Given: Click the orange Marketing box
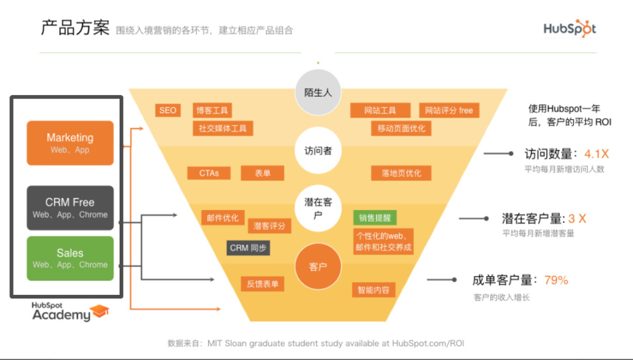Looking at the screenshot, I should click(x=70, y=142).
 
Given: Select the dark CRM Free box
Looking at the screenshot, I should click(x=70, y=208).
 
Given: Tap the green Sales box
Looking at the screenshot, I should click(x=70, y=258).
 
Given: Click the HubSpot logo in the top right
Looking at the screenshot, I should click(x=569, y=28).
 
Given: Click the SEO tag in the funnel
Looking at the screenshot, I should click(x=168, y=110).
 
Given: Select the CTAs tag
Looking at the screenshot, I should click(x=209, y=173).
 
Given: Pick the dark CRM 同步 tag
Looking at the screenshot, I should click(x=249, y=247).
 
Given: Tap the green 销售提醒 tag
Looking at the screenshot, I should click(x=375, y=218).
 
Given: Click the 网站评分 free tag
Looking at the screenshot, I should click(x=449, y=110).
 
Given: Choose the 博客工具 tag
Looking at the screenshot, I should click(x=212, y=110).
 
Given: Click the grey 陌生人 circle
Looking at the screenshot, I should click(x=318, y=93).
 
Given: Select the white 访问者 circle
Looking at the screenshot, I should click(x=318, y=151).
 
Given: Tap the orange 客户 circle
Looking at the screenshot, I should click(x=318, y=267).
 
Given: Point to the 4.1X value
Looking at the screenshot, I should click(x=596, y=154).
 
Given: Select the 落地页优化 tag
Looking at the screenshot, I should click(x=401, y=173).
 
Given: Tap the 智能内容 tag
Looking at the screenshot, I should click(x=373, y=289).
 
